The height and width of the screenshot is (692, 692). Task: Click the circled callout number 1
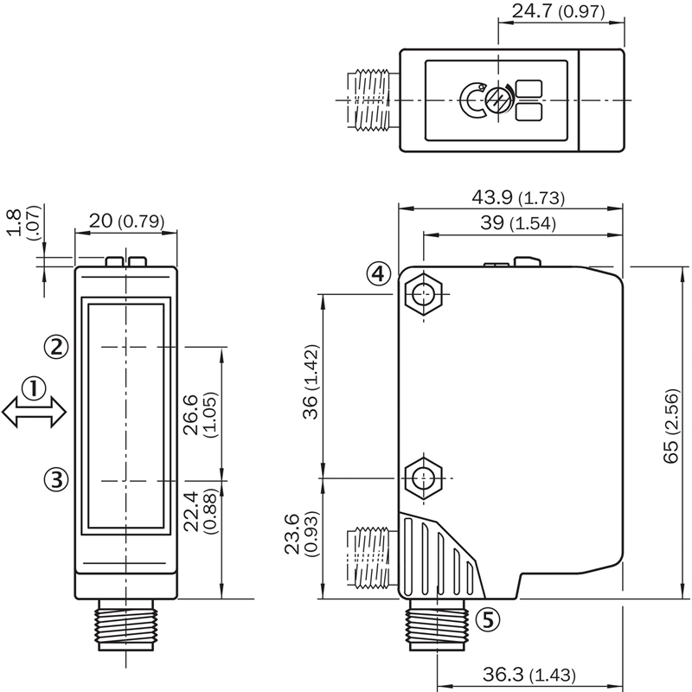34,388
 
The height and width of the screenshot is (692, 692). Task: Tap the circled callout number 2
56,347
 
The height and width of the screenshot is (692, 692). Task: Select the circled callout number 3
56,479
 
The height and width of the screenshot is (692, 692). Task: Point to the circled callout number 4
379,274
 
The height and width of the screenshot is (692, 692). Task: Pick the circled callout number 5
488,619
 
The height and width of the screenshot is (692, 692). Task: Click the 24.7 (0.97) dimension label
558,11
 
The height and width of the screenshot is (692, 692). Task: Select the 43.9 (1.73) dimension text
518,197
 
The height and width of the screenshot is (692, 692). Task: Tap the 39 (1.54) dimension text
518,223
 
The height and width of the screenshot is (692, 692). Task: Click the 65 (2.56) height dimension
670,426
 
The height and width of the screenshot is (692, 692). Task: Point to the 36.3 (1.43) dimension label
529,675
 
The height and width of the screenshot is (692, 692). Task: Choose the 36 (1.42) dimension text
311,381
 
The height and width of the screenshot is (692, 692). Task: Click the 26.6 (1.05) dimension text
200,415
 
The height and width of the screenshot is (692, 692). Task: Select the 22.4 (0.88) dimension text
200,511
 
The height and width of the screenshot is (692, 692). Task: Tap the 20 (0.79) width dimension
126,221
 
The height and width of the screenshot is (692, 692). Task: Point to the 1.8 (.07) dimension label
23,222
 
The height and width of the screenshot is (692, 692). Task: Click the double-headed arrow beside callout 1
34,413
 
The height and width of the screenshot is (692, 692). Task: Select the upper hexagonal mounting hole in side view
424,293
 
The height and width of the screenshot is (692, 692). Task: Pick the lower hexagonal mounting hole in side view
424,478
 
